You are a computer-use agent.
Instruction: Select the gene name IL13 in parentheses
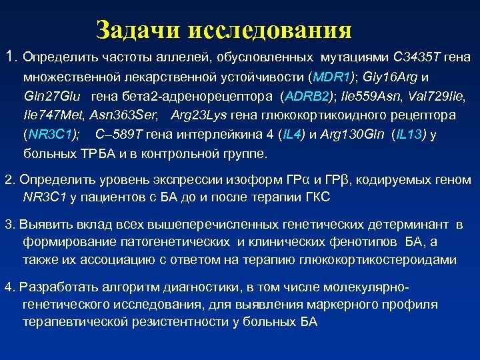point(409,134)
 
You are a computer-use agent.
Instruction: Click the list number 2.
point(9,181)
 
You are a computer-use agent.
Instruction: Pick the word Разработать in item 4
point(59,287)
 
